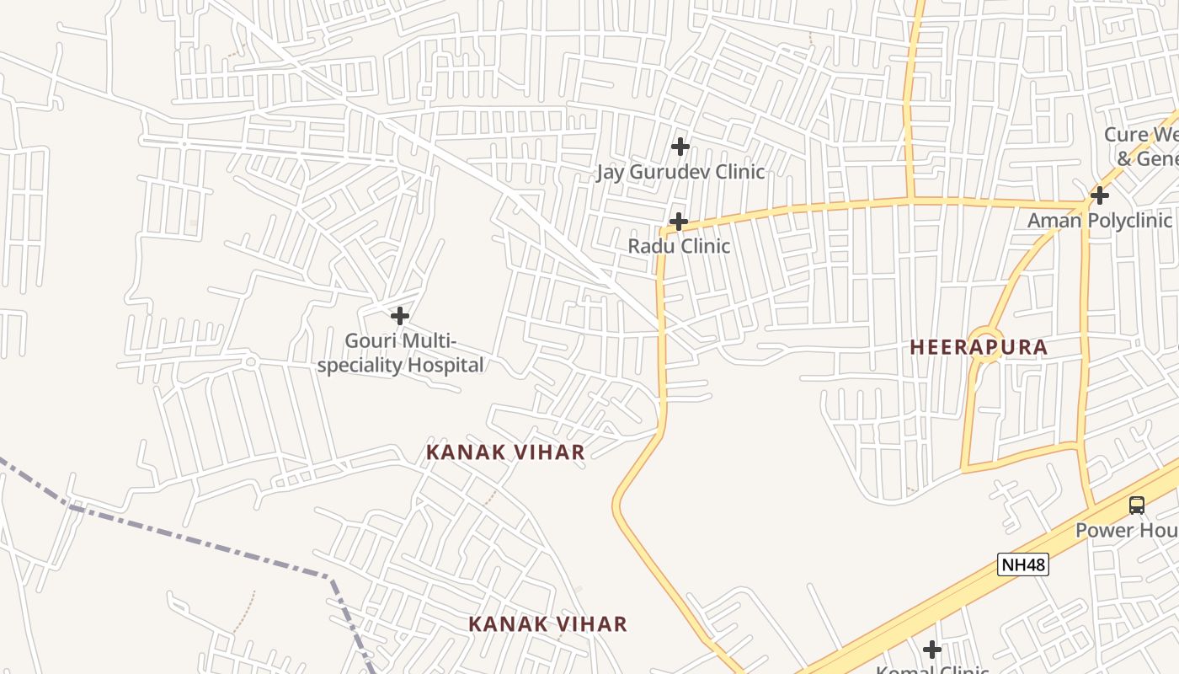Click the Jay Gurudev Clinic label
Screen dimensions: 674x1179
pos(680,172)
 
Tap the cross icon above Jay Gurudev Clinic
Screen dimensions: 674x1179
pos(680,147)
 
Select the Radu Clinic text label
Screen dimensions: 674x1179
pos(679,246)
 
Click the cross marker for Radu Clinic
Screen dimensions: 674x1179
pos(678,222)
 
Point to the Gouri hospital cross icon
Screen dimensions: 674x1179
pos(400,316)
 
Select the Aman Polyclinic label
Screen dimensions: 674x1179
pos(1099,221)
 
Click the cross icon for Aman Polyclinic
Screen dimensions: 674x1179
pos(1099,195)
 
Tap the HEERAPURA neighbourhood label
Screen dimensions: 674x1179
pos(979,347)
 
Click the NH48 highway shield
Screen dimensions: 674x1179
pos(1023,564)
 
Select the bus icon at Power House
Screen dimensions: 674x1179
pos(1137,505)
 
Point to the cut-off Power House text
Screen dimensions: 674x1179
pos(1127,530)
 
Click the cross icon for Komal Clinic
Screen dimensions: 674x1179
pos(931,650)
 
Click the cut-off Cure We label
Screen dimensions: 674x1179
pos(1140,135)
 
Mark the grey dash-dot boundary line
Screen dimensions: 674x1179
pos(202,540)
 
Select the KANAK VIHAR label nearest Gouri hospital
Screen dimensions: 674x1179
pos(505,452)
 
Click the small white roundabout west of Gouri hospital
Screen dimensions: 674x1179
pos(250,362)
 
